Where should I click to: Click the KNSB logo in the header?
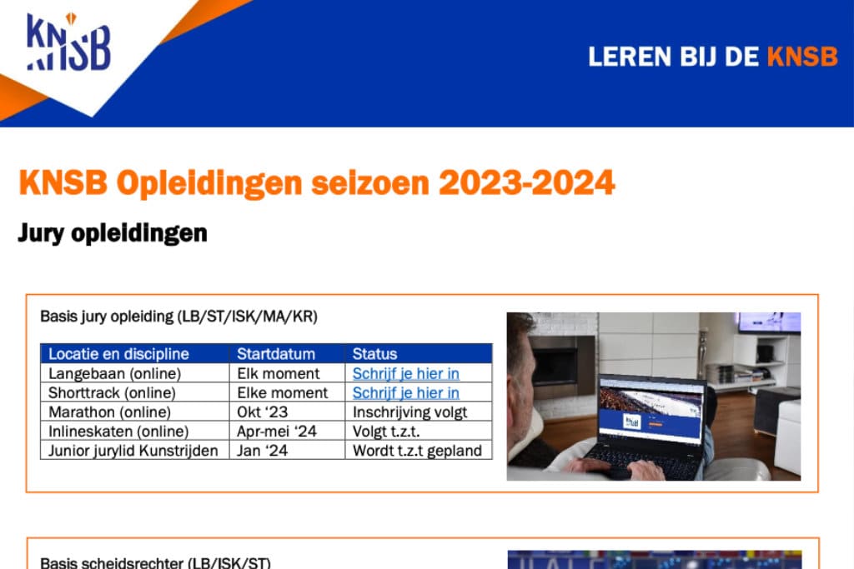pos(68,42)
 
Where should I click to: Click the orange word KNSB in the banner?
pos(802,57)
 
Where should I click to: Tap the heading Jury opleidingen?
pos(113,233)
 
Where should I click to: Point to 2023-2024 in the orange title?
pos(527,182)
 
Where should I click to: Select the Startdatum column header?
pos(276,353)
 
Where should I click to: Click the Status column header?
pos(374,353)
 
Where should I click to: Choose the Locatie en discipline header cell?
pos(118,353)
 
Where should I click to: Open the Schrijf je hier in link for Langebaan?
pos(406,373)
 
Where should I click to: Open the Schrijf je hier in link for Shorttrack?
pos(406,392)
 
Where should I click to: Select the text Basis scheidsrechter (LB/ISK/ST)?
pos(155,562)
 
